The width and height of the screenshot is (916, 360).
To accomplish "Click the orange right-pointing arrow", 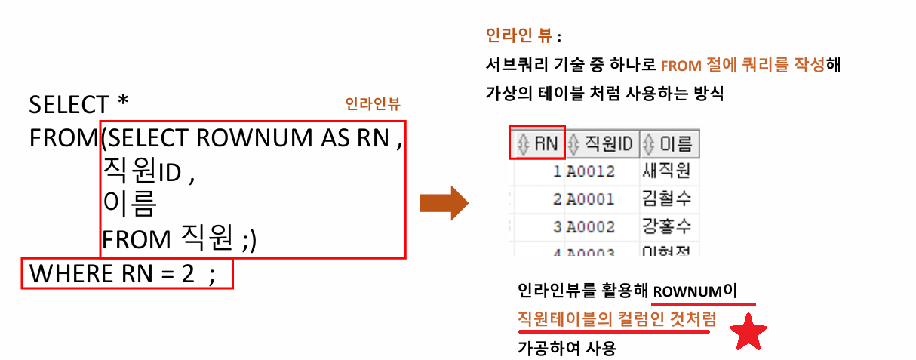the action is coord(445,202).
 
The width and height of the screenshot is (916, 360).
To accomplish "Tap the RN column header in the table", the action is coord(537,143).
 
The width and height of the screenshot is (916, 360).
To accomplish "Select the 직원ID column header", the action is coord(602,143).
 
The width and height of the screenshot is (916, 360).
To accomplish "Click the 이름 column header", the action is coord(667,143).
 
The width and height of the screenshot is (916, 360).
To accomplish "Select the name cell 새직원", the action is coord(666,171).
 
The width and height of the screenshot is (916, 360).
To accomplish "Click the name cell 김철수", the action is coord(666,199).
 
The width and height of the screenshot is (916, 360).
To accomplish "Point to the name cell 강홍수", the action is coord(666,226).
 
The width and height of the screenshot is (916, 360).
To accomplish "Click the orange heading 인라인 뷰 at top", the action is coord(520,35).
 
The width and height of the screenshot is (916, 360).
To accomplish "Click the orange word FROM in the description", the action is coord(681,66).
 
